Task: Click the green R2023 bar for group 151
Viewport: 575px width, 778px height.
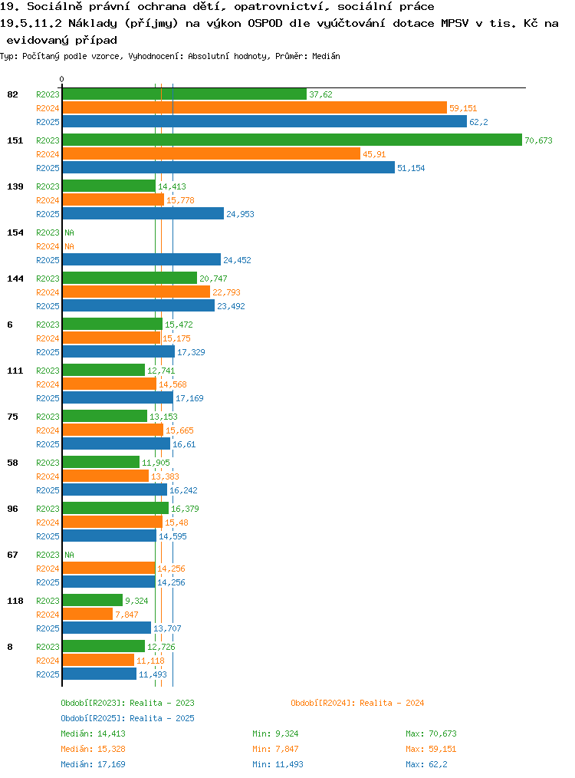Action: [x=292, y=140]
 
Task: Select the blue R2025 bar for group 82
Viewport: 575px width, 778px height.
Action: [x=264, y=121]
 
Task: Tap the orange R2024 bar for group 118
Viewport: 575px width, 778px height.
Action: [x=87, y=615]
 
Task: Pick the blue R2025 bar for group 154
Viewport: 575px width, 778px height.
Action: [x=142, y=259]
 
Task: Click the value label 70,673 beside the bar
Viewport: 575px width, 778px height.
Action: [x=538, y=140]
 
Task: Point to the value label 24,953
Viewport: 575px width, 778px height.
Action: [x=240, y=214]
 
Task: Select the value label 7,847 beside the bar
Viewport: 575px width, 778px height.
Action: [x=127, y=615]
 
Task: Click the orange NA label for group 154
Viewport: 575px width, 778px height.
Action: [x=70, y=246]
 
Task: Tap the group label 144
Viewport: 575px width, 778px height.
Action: [x=15, y=279]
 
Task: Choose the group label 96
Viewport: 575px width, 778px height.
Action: [x=12, y=509]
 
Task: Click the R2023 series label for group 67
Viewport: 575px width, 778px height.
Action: [x=48, y=555]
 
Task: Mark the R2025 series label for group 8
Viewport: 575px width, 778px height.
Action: [x=48, y=674]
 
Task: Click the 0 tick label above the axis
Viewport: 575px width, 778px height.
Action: [x=61, y=79]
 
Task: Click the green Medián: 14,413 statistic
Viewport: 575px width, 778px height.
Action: [x=94, y=733]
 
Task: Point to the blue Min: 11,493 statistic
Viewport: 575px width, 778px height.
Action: [x=278, y=764]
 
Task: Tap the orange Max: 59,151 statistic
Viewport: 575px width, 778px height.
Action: [x=431, y=749]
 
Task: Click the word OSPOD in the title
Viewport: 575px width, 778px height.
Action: [x=264, y=23]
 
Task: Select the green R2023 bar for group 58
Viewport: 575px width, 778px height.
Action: [x=101, y=462]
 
